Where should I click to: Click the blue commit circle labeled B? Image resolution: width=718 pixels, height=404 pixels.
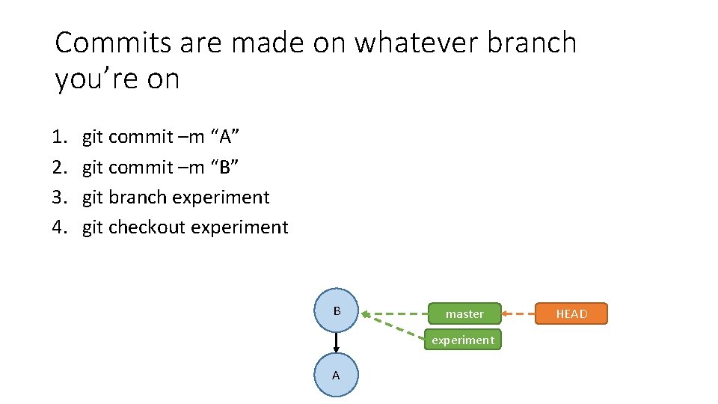tap(337, 310)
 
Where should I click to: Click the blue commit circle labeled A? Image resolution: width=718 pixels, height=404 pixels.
tap(336, 375)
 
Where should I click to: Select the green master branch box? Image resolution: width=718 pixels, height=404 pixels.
tap(464, 313)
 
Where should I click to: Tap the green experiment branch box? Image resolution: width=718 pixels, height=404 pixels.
tap(463, 340)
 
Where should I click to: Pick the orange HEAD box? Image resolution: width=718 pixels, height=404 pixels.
tap(571, 313)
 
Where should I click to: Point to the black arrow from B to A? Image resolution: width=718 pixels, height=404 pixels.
tap(337, 343)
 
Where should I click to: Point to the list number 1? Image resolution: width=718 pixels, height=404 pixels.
tap(59, 137)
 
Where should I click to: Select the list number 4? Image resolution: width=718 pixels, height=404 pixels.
tap(59, 227)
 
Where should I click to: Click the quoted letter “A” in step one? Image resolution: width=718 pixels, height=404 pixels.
tap(225, 137)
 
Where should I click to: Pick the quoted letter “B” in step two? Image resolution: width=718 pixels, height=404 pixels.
tap(225, 167)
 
